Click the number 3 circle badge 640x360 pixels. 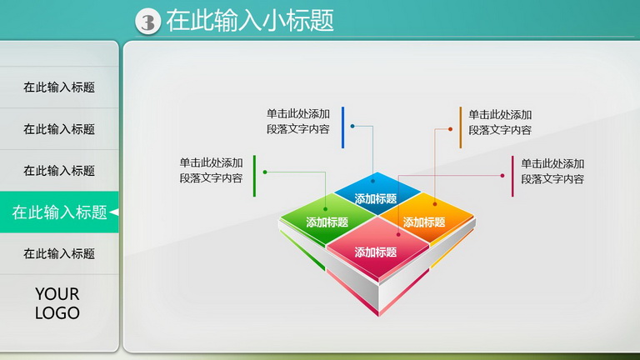pyautogui.click(x=147, y=22)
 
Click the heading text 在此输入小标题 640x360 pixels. pyautogui.click(x=250, y=20)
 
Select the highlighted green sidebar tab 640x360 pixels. pyautogui.click(x=59, y=212)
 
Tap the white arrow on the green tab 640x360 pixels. pyautogui.click(x=114, y=212)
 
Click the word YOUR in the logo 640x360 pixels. pyautogui.click(x=57, y=294)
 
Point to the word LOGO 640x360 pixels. pyautogui.click(x=57, y=313)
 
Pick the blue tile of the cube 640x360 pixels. pyautogui.click(x=377, y=193)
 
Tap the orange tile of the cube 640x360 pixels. pyautogui.click(x=427, y=218)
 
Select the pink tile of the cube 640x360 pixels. pyautogui.click(x=377, y=249)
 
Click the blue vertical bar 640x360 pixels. pyautogui.click(x=342, y=127)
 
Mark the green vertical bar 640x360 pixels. pyautogui.click(x=255, y=176)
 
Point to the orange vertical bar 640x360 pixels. pyautogui.click(x=460, y=127)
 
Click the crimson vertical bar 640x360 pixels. pyautogui.click(x=512, y=176)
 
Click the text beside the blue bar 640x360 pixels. pyautogui.click(x=298, y=121)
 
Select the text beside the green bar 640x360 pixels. pyautogui.click(x=211, y=170)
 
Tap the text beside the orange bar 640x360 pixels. pyautogui.click(x=500, y=122)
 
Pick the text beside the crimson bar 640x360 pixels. pyautogui.click(x=552, y=171)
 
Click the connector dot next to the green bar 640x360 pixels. pyautogui.click(x=265, y=172)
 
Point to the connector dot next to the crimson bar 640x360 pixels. pyautogui.click(x=502, y=176)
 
